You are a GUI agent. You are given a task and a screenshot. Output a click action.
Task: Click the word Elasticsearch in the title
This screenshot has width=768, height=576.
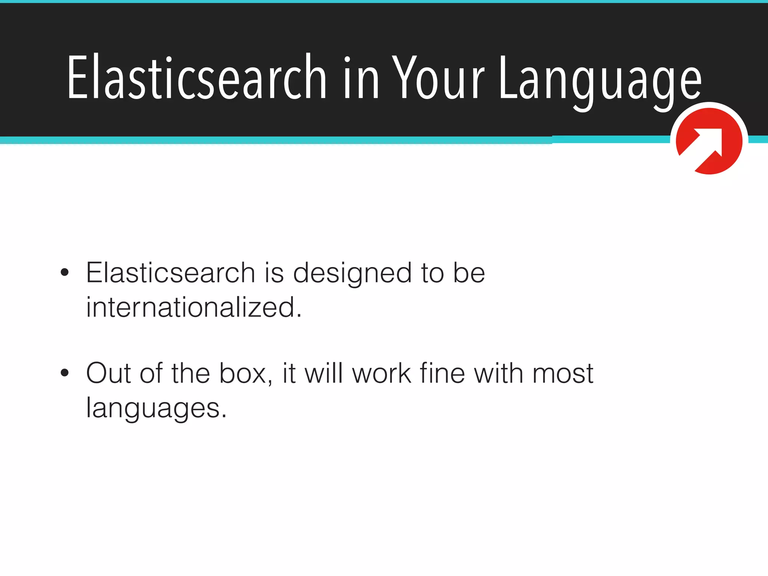[x=197, y=77]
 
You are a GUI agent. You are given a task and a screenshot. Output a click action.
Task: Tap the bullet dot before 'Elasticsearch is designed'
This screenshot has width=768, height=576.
[x=65, y=272]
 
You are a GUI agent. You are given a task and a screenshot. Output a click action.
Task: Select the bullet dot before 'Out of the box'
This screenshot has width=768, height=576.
[x=65, y=373]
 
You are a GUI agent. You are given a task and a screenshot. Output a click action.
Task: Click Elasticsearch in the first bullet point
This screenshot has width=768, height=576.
[x=171, y=273]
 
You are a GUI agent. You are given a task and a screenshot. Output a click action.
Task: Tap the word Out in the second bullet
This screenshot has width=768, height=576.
[x=109, y=373]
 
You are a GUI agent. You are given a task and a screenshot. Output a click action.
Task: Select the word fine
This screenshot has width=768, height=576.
[x=442, y=373]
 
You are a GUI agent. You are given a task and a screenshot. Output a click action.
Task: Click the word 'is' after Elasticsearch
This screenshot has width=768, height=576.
[x=274, y=273]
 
